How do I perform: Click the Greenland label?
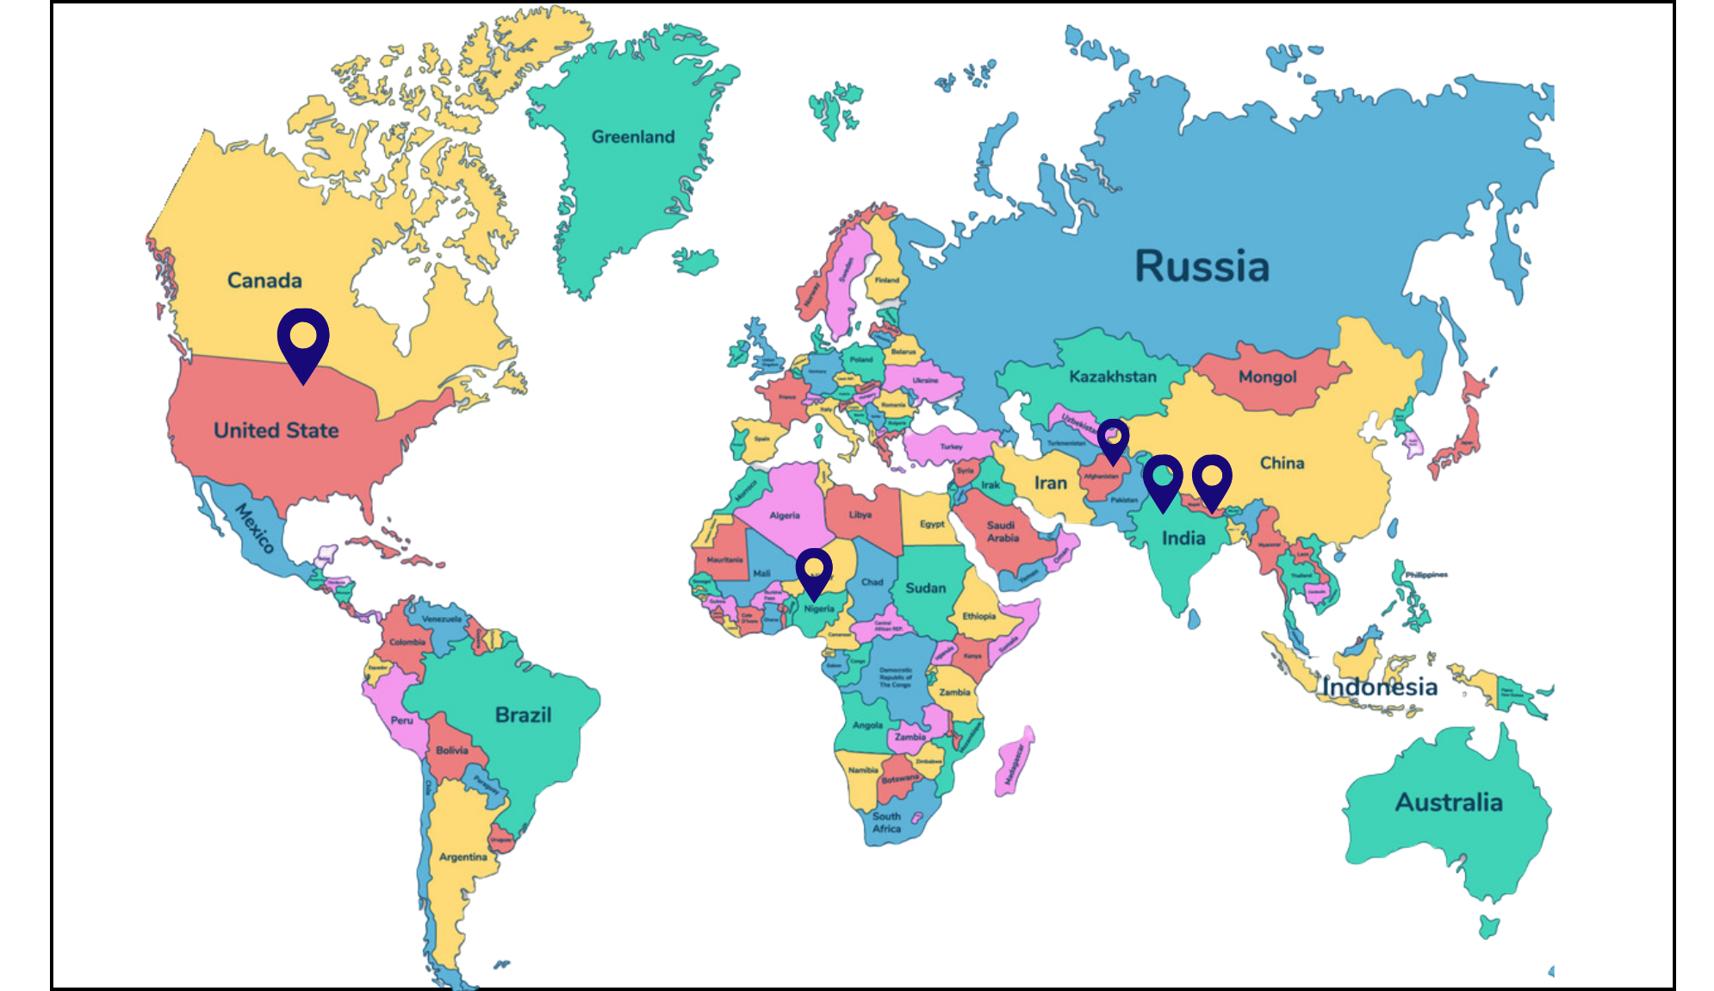(x=633, y=137)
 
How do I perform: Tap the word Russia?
(x=1202, y=266)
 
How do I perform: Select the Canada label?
(x=264, y=281)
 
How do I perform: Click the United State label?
(x=276, y=430)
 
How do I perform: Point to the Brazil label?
(x=523, y=715)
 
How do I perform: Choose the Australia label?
(x=1449, y=803)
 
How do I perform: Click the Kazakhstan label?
(x=1113, y=377)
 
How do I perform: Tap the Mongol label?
(x=1267, y=377)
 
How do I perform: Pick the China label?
(x=1282, y=464)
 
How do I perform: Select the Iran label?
(x=1050, y=483)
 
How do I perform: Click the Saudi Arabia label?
(x=1002, y=532)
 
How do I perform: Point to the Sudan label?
(x=925, y=589)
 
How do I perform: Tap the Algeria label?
(x=785, y=515)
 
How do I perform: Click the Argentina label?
(x=463, y=857)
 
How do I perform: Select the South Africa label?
(x=886, y=822)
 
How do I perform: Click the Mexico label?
(x=255, y=527)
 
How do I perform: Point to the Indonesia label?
(x=1381, y=688)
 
